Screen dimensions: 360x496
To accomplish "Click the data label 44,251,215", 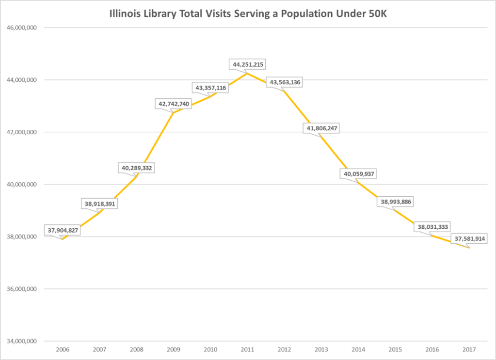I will (x=248, y=64).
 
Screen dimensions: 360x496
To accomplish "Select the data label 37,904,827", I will (x=62, y=230).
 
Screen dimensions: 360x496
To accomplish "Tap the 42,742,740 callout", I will (x=174, y=103).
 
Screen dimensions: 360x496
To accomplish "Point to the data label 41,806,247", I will (x=322, y=128).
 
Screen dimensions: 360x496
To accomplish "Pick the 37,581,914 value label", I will (x=469, y=239).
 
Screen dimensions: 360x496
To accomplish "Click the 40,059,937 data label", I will (x=359, y=173).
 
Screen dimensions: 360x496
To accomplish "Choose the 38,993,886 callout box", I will (x=396, y=202).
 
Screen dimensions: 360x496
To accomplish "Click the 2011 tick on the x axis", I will (x=248, y=349).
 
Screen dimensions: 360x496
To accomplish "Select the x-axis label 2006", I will (x=63, y=349).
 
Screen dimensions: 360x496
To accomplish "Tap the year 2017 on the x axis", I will (x=469, y=349).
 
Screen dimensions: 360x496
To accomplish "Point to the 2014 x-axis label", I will (x=358, y=349).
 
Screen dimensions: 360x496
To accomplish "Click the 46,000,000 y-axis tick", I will (x=22, y=28).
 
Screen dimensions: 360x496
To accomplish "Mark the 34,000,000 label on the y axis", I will (x=22, y=342).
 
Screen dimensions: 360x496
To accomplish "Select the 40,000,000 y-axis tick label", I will (x=22, y=185).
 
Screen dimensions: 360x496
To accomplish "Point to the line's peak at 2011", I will (x=247, y=73).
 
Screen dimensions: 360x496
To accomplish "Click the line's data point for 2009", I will (x=173, y=112).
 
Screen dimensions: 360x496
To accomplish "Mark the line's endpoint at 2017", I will (x=469, y=248).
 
